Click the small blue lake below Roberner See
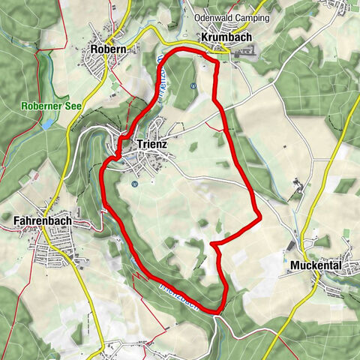coord(47,122)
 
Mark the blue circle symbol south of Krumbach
coord(193,85)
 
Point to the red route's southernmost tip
coord(217,310)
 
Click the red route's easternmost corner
coord(259,217)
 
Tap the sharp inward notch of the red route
coord(212,244)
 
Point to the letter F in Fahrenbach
coord(16,220)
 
